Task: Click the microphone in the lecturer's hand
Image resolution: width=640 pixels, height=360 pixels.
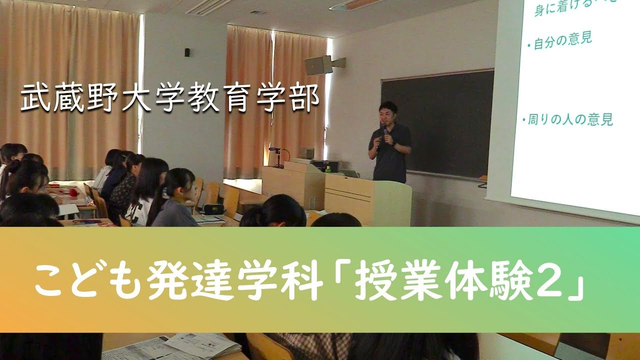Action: (x=384, y=130)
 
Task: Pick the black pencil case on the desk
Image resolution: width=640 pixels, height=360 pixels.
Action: (x=213, y=208)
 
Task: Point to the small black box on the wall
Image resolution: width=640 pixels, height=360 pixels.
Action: (x=187, y=52)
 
